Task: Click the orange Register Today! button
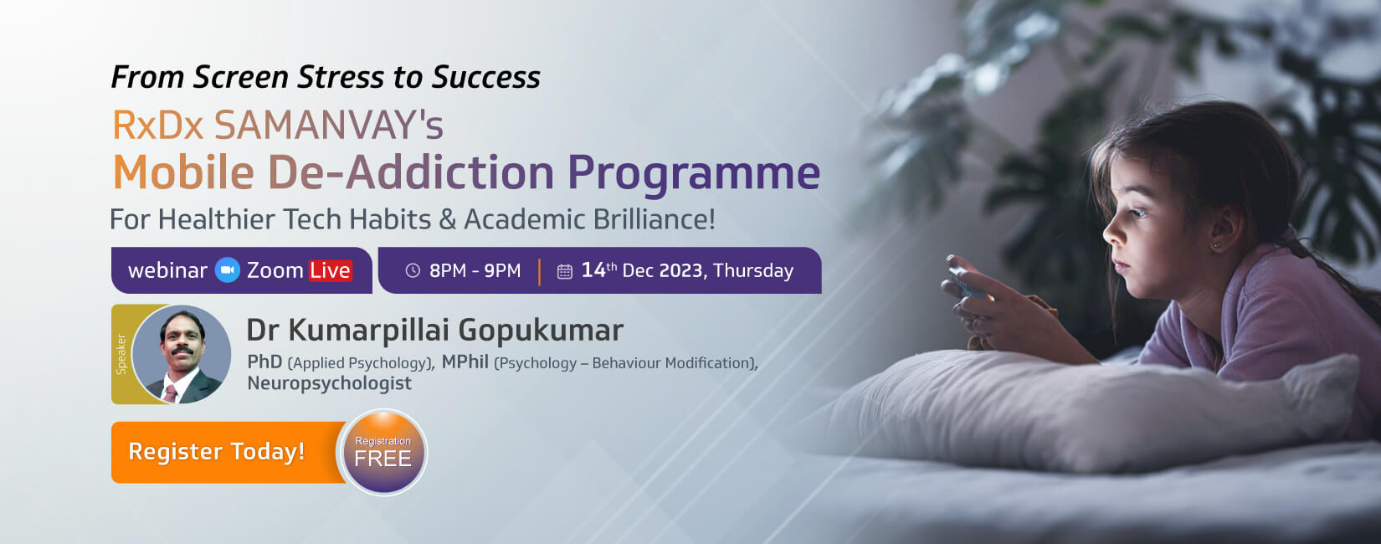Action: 218,452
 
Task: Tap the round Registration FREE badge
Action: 382,453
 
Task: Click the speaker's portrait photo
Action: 182,355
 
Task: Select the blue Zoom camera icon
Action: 228,270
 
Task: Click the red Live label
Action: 330,270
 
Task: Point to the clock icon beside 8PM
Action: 413,270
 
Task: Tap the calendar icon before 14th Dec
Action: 565,271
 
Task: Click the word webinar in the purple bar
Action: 167,270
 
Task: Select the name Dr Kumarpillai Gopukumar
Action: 434,330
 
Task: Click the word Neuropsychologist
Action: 329,383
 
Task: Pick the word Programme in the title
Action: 694,172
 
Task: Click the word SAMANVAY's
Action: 328,126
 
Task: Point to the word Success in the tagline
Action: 486,77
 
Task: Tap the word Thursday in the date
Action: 753,270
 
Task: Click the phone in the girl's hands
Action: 963,280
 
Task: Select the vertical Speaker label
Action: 121,354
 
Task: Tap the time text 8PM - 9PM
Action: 475,270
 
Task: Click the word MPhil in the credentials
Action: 465,362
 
